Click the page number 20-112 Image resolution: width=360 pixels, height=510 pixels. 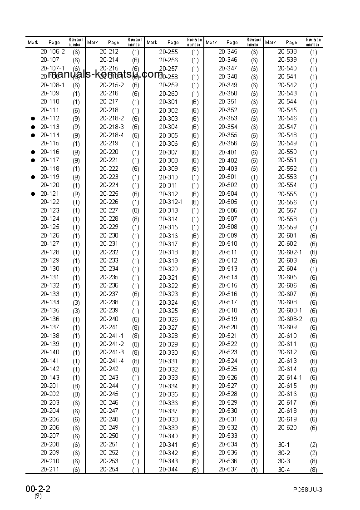point(50,119)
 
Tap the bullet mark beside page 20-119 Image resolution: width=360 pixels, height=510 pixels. point(33,177)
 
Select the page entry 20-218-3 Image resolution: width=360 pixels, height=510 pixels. point(112,127)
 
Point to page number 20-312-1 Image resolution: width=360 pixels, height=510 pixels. point(171,202)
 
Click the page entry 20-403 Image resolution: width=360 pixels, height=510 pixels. point(228,168)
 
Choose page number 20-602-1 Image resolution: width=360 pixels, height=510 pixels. point(290,252)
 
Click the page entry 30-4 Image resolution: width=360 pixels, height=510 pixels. point(284,470)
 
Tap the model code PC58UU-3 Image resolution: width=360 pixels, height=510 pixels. point(307,490)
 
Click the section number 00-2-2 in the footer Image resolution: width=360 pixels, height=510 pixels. point(38,489)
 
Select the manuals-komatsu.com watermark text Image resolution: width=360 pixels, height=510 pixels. point(105,74)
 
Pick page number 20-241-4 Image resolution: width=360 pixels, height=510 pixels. point(112,361)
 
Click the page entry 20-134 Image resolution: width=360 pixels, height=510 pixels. point(50,302)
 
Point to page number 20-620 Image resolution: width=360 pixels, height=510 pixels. point(287,427)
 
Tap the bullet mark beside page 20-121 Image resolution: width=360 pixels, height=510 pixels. point(33,194)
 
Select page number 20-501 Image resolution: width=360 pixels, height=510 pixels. point(228,177)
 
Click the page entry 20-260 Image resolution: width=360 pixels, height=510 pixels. point(168,94)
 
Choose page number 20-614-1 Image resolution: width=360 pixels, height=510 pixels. point(290,377)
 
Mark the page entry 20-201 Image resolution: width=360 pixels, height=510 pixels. point(50,386)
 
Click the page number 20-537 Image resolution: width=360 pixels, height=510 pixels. point(228,470)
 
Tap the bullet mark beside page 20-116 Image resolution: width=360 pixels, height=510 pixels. point(33,152)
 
